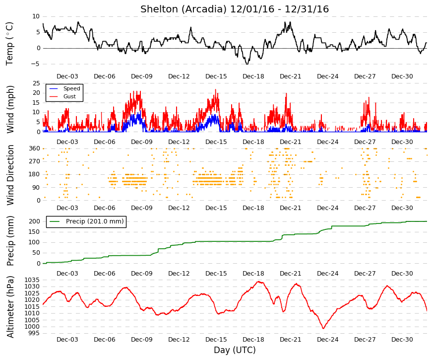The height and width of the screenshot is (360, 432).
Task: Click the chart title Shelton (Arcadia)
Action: pos(184,9)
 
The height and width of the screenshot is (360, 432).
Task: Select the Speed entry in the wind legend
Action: pos(71,88)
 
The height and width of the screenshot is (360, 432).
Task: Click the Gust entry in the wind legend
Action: pos(69,96)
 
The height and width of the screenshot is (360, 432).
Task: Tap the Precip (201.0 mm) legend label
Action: pos(95,221)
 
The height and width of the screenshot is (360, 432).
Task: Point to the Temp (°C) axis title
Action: pos(9,44)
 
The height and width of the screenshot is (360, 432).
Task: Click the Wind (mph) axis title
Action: pos(10,109)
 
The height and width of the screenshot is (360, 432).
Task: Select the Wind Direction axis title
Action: pos(10,175)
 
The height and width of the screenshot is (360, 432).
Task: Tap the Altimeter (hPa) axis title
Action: pos(10,307)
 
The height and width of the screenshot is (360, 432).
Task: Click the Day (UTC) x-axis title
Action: pos(235,350)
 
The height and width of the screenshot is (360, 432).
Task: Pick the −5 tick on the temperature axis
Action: pos(36,64)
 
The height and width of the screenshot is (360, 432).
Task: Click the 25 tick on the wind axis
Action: pos(37,83)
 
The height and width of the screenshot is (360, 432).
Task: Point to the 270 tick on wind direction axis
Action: pos(35,161)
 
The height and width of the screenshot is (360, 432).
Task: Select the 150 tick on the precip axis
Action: pos(35,232)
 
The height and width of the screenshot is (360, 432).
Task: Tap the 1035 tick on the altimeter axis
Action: pos(32,280)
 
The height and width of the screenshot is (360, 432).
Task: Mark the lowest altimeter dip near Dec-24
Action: pos(323,328)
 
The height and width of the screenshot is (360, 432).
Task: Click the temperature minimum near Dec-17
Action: pos(247,64)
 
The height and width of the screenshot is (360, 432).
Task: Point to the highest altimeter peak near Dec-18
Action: pos(259,282)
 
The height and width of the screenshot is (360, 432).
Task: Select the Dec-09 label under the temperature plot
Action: pos(142,76)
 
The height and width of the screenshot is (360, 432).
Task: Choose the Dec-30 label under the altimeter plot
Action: pos(402,340)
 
